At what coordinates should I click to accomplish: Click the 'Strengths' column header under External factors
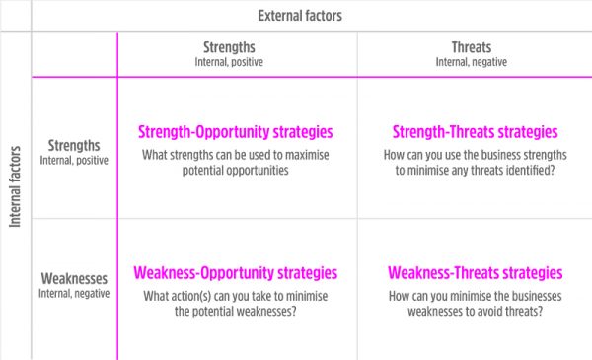point(235,46)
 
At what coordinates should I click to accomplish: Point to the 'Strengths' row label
point(74,145)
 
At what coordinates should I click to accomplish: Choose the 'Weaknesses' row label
point(74,278)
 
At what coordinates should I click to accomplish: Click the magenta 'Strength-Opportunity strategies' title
point(235,131)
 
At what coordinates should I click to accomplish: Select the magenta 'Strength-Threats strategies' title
point(475,131)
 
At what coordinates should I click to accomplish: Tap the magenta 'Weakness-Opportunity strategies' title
point(235,273)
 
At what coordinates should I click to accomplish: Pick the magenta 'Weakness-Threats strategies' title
point(475,273)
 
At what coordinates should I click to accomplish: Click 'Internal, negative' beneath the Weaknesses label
point(74,293)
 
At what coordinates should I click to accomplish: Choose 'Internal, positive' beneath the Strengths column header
point(235,61)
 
